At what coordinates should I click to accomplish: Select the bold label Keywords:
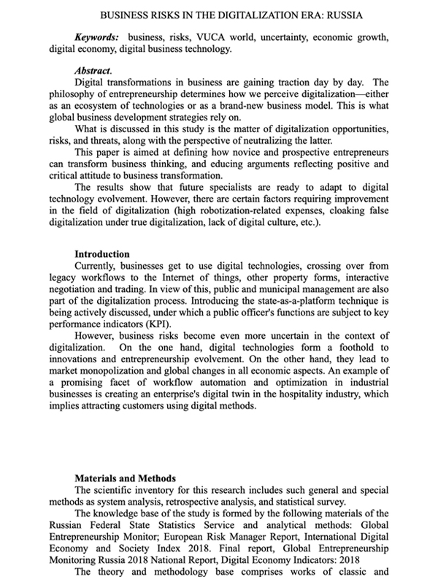click(x=98, y=37)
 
